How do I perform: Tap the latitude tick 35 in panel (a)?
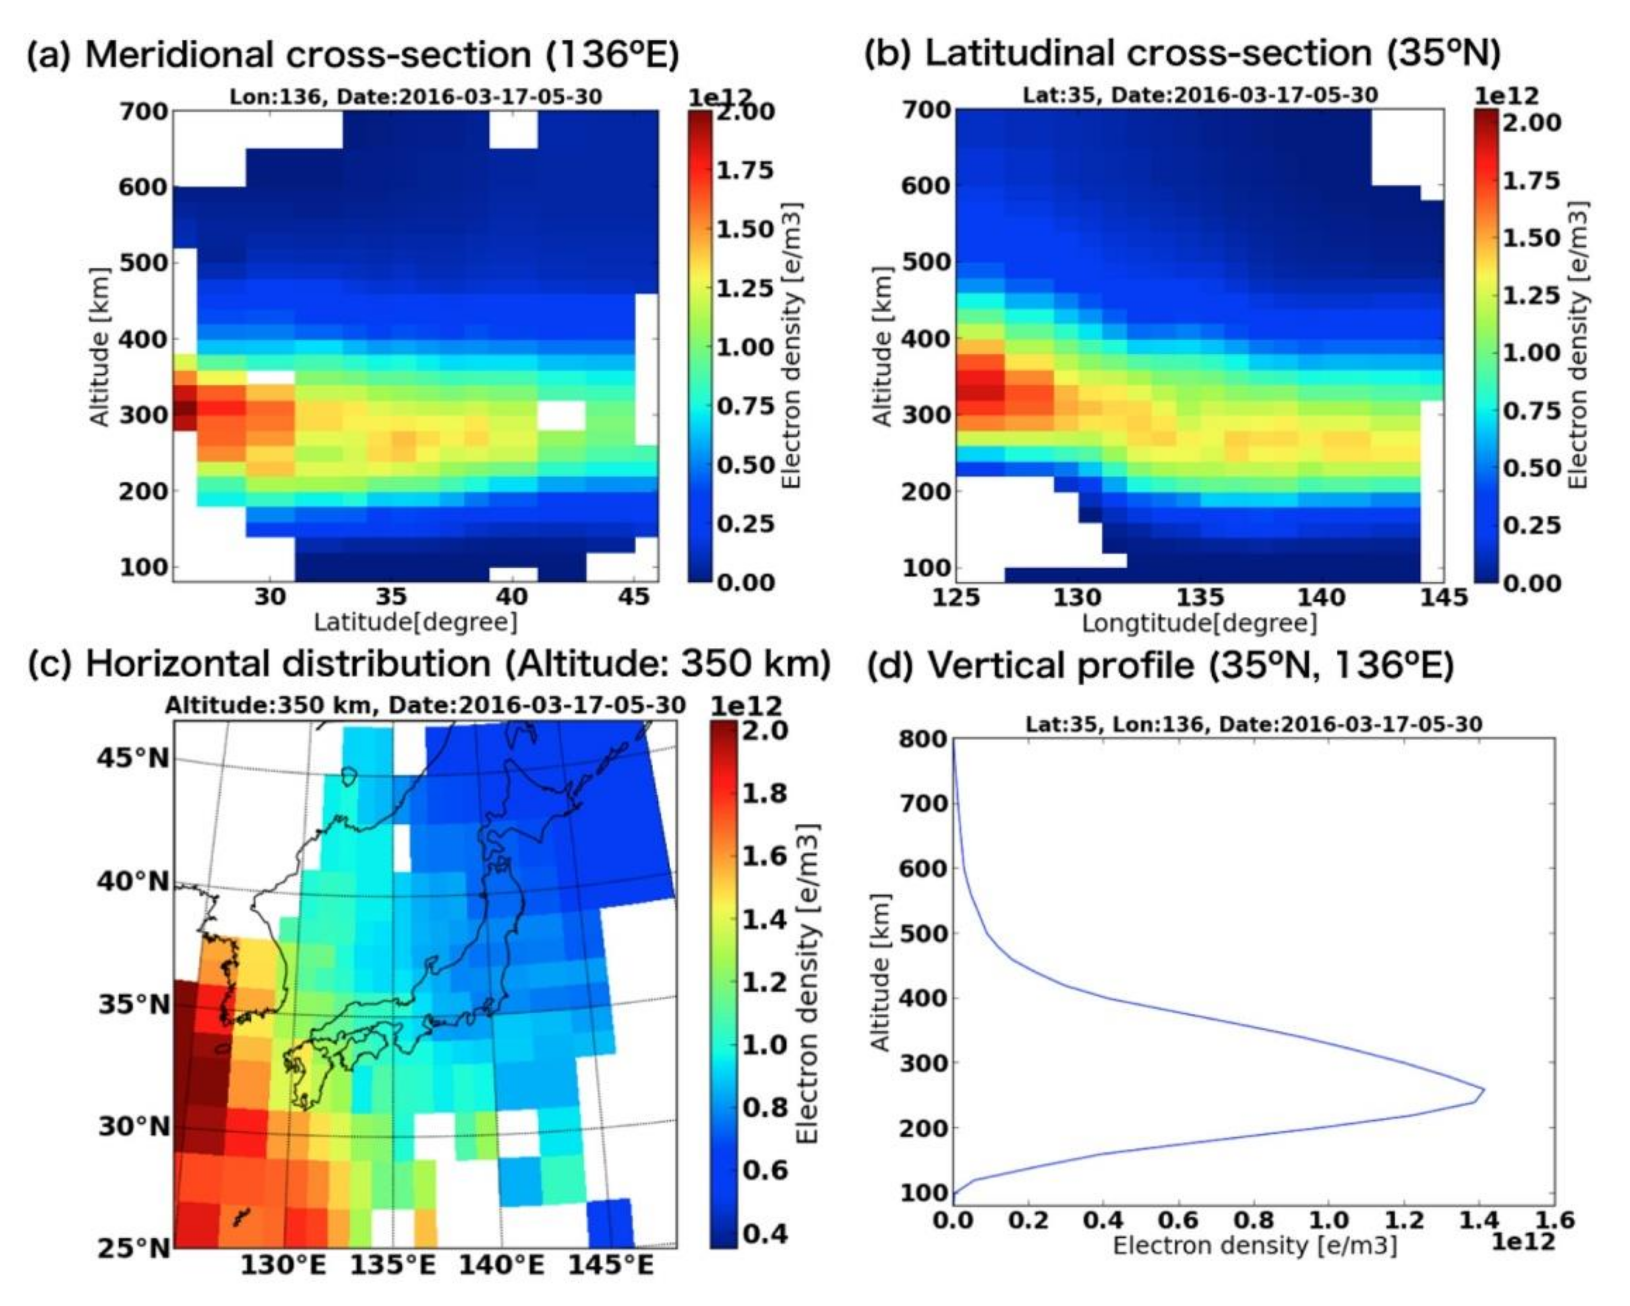pos(391,597)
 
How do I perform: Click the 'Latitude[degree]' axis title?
pos(416,622)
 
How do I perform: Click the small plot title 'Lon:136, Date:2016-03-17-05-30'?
pos(416,97)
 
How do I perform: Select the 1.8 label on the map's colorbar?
pos(764,793)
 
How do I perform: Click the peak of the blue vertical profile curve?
pos(1484,1090)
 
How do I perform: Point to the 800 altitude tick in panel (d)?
pos(922,739)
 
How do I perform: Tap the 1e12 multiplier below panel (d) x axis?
pos(1523,1242)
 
